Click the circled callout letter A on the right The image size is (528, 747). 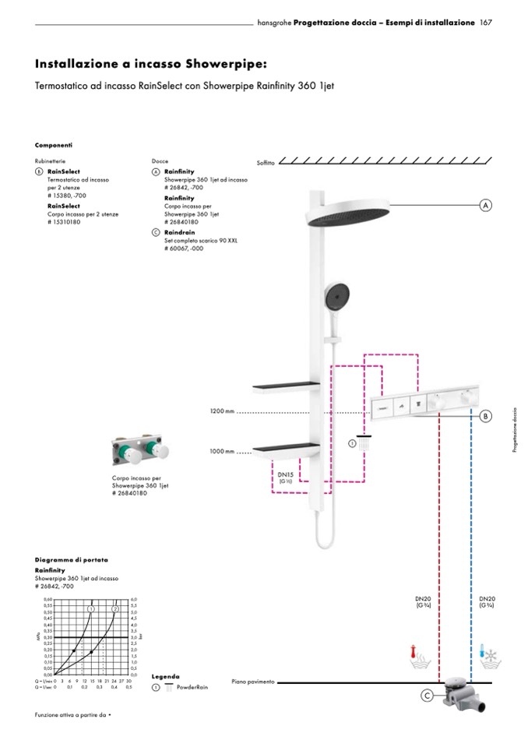(x=486, y=206)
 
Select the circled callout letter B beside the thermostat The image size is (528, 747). (x=486, y=416)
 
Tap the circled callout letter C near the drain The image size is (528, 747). (x=427, y=696)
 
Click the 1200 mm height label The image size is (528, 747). (x=222, y=411)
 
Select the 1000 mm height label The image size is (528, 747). (x=222, y=451)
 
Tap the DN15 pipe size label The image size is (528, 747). (x=285, y=474)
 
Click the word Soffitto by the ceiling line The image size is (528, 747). (x=266, y=163)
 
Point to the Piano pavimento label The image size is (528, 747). (x=253, y=682)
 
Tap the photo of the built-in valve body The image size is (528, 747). (x=142, y=453)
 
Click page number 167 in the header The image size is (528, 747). (x=486, y=23)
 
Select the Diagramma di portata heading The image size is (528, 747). (x=72, y=560)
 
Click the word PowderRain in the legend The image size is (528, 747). (x=192, y=688)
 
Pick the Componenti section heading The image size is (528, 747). (x=54, y=145)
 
